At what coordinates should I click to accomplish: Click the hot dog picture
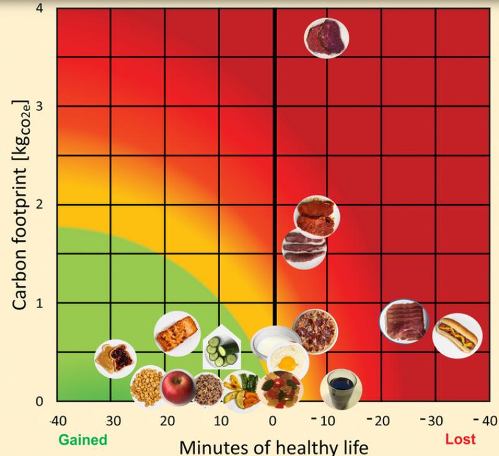(x=458, y=336)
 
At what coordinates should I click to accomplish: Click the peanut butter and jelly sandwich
(x=115, y=358)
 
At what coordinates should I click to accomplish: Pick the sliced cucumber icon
(x=221, y=350)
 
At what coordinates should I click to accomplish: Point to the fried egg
(x=288, y=361)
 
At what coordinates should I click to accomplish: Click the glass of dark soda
(x=340, y=388)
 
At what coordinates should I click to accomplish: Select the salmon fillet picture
(x=177, y=333)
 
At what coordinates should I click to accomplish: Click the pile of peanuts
(x=147, y=387)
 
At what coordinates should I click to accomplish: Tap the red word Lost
(x=460, y=440)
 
